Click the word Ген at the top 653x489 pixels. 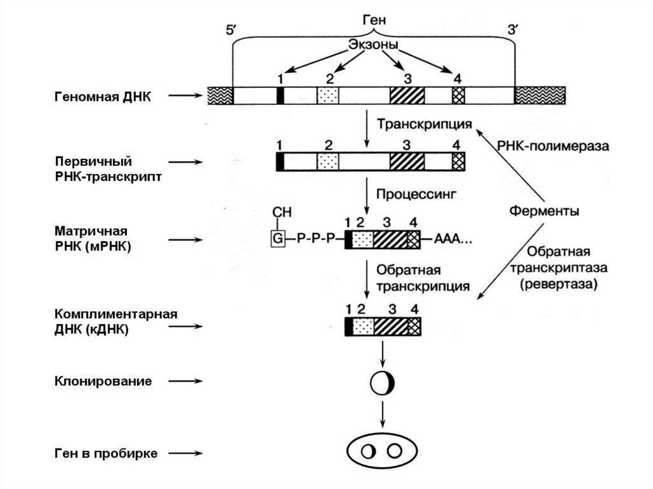[x=374, y=20]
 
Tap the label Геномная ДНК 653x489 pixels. [x=103, y=96]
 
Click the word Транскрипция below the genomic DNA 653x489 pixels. [x=424, y=124]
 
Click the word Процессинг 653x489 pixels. [x=416, y=192]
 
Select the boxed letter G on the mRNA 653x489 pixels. [x=277, y=239]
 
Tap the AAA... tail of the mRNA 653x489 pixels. [x=454, y=240]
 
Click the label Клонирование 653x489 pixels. [x=103, y=381]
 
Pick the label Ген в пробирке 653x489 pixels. [x=105, y=453]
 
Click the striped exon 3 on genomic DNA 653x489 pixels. [x=407, y=96]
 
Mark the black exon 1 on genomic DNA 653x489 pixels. [x=280, y=96]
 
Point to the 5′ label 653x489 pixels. [x=231, y=31]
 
